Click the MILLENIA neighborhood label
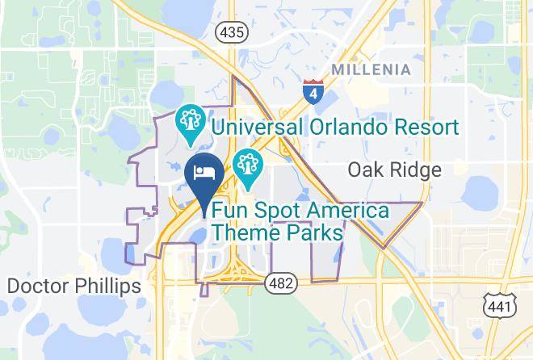[x=371, y=69]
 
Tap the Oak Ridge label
[x=394, y=170]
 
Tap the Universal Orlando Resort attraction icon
[x=191, y=124]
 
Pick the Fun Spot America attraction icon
[x=246, y=167]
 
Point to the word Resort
[x=418, y=128]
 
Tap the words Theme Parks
[x=275, y=232]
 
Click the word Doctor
[x=35, y=286]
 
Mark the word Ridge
[x=418, y=170]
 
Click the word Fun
[x=229, y=211]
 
